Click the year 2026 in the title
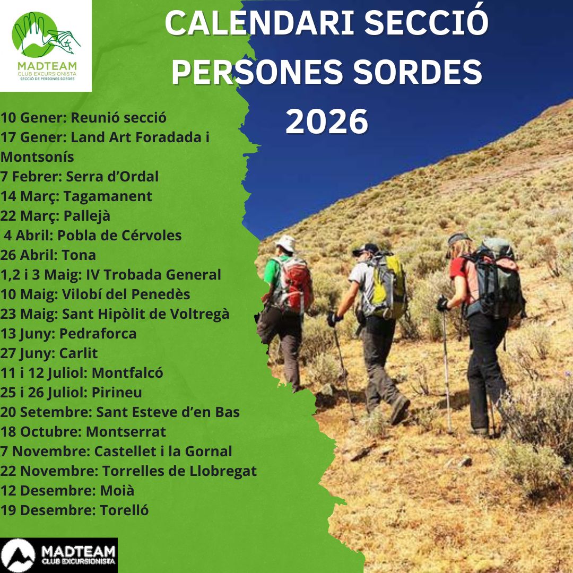(x=327, y=121)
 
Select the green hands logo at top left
(x=46, y=34)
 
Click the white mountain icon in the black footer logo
(x=18, y=555)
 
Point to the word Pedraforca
(x=98, y=334)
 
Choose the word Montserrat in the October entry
(x=126, y=431)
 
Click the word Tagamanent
(x=108, y=197)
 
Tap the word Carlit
(x=79, y=353)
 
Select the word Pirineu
(x=117, y=393)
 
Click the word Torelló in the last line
(x=124, y=510)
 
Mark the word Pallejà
(x=87, y=216)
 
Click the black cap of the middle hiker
(x=366, y=249)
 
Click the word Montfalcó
(x=127, y=373)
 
